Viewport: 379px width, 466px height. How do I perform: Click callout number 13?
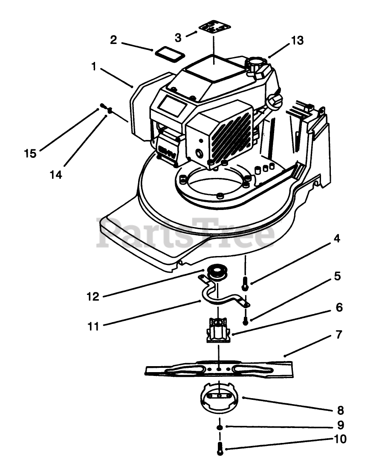click(x=298, y=41)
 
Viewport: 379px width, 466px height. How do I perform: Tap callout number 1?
click(x=94, y=67)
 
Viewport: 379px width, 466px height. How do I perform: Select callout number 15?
click(x=30, y=154)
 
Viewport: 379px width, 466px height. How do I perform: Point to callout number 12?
click(x=93, y=296)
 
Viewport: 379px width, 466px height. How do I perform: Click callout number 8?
click(x=340, y=411)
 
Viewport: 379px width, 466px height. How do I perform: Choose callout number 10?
click(x=340, y=439)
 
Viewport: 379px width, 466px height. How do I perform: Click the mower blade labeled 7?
click(x=219, y=369)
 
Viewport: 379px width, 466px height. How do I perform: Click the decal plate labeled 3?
click(x=214, y=28)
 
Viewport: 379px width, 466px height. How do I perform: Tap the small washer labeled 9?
click(x=220, y=427)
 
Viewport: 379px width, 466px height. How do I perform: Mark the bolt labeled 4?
click(x=245, y=283)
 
